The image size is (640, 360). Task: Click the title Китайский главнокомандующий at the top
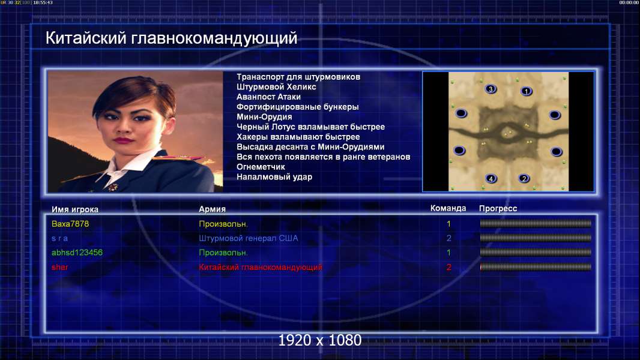point(171,38)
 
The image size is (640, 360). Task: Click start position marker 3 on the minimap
point(491,89)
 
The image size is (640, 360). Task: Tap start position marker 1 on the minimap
point(527,91)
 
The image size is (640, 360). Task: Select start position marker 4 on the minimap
point(491,179)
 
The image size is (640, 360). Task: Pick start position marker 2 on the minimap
point(524,179)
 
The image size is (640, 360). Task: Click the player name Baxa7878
point(70,224)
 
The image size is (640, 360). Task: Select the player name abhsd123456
point(77,253)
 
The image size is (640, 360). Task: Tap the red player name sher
point(59,267)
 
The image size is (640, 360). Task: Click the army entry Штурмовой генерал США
point(248,238)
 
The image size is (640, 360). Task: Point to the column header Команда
point(448,208)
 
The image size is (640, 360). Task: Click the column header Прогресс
point(498,209)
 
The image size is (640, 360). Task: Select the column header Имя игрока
point(74,209)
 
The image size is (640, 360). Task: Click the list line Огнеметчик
point(261,167)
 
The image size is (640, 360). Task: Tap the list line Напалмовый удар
point(274,177)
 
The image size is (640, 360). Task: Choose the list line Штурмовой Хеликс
point(276,87)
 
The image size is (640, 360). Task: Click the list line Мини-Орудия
point(265,117)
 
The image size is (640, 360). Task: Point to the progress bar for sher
point(536,267)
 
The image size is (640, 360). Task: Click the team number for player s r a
point(448,238)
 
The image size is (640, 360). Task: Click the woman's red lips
point(123,140)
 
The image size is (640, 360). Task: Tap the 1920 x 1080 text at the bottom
point(320,340)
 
